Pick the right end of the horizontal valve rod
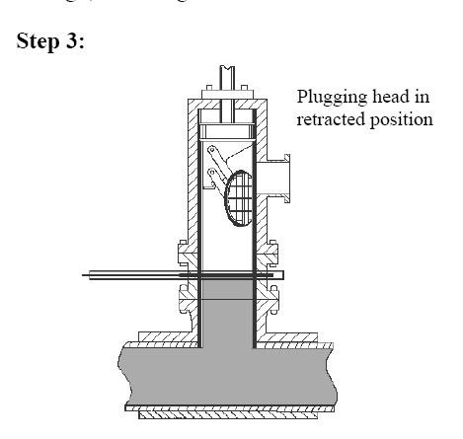[283, 275]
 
